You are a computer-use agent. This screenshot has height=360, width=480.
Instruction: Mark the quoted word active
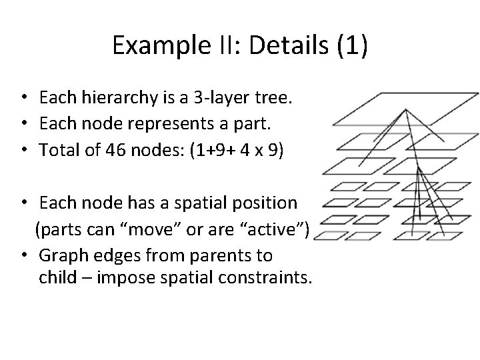[x=278, y=230]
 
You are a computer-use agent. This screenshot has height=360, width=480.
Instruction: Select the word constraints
[x=271, y=277]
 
